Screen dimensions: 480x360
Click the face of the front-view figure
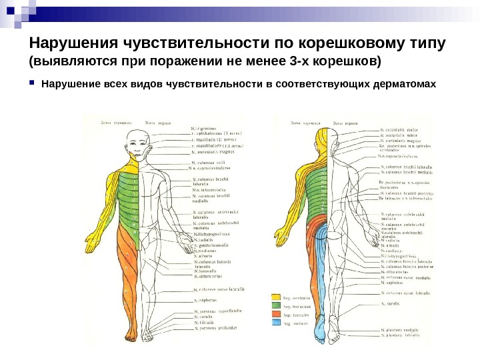(x=138, y=143)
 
